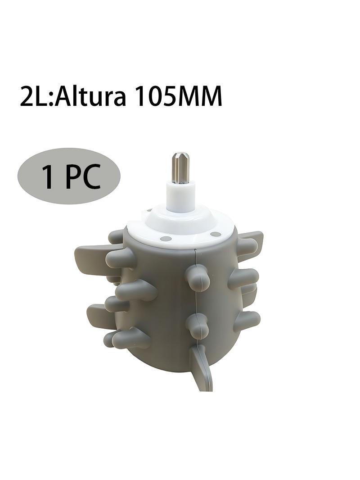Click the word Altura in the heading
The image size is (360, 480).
point(91,97)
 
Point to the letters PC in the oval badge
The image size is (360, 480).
point(83,177)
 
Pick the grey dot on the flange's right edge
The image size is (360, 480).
point(216,234)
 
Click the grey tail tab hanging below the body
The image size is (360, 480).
point(202,367)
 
